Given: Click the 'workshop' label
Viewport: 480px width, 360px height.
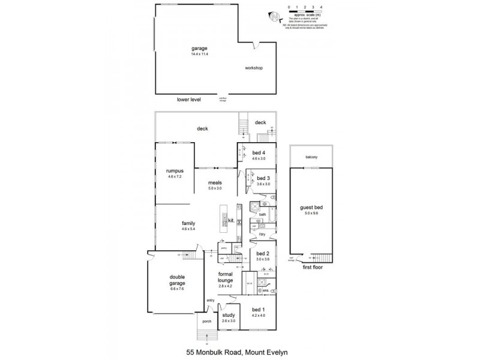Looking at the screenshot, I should pyautogui.click(x=254, y=68).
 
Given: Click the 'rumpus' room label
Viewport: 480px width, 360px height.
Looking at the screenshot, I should pyautogui.click(x=175, y=171).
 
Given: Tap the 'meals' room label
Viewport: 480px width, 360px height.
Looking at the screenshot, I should pyautogui.click(x=215, y=182).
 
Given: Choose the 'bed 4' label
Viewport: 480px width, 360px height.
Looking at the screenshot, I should pyautogui.click(x=259, y=152).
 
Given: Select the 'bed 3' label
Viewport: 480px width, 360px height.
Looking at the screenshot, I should pyautogui.click(x=263, y=179).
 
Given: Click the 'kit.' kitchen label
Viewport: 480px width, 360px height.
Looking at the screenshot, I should pyautogui.click(x=232, y=221).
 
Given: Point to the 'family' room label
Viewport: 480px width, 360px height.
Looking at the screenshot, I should pyautogui.click(x=188, y=223).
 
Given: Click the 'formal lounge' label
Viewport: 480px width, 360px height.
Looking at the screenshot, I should pyautogui.click(x=225, y=277).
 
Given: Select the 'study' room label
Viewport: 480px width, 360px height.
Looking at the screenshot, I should pyautogui.click(x=228, y=315).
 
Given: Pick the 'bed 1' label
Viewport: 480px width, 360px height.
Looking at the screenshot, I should pyautogui.click(x=258, y=310).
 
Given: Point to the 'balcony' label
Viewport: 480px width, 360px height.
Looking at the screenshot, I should pyautogui.click(x=311, y=157).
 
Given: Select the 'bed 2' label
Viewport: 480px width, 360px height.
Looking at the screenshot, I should pyautogui.click(x=262, y=254).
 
